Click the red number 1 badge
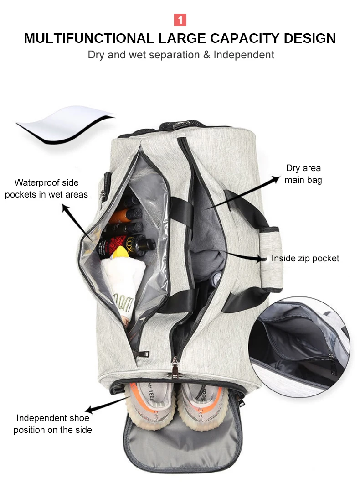pos(180,20)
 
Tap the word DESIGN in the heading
pos(309,38)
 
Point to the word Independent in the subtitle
pos(244,55)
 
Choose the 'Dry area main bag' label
pos(303,174)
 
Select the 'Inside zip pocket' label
pos(305,259)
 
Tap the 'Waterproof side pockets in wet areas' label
pos(46,188)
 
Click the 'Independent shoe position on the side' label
pos(53,424)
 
